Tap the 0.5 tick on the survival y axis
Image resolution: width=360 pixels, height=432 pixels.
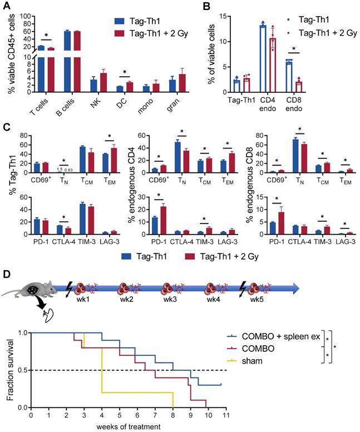point(22,370)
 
